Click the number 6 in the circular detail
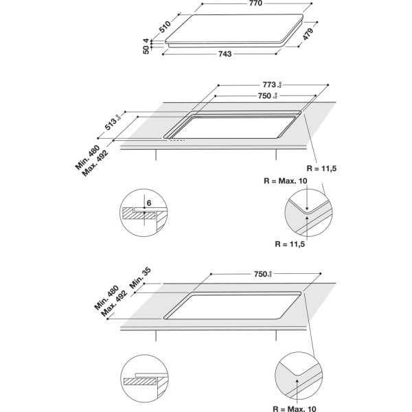(x=148, y=204)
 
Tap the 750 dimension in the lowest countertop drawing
(x=259, y=274)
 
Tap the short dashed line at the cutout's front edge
(x=178, y=141)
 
